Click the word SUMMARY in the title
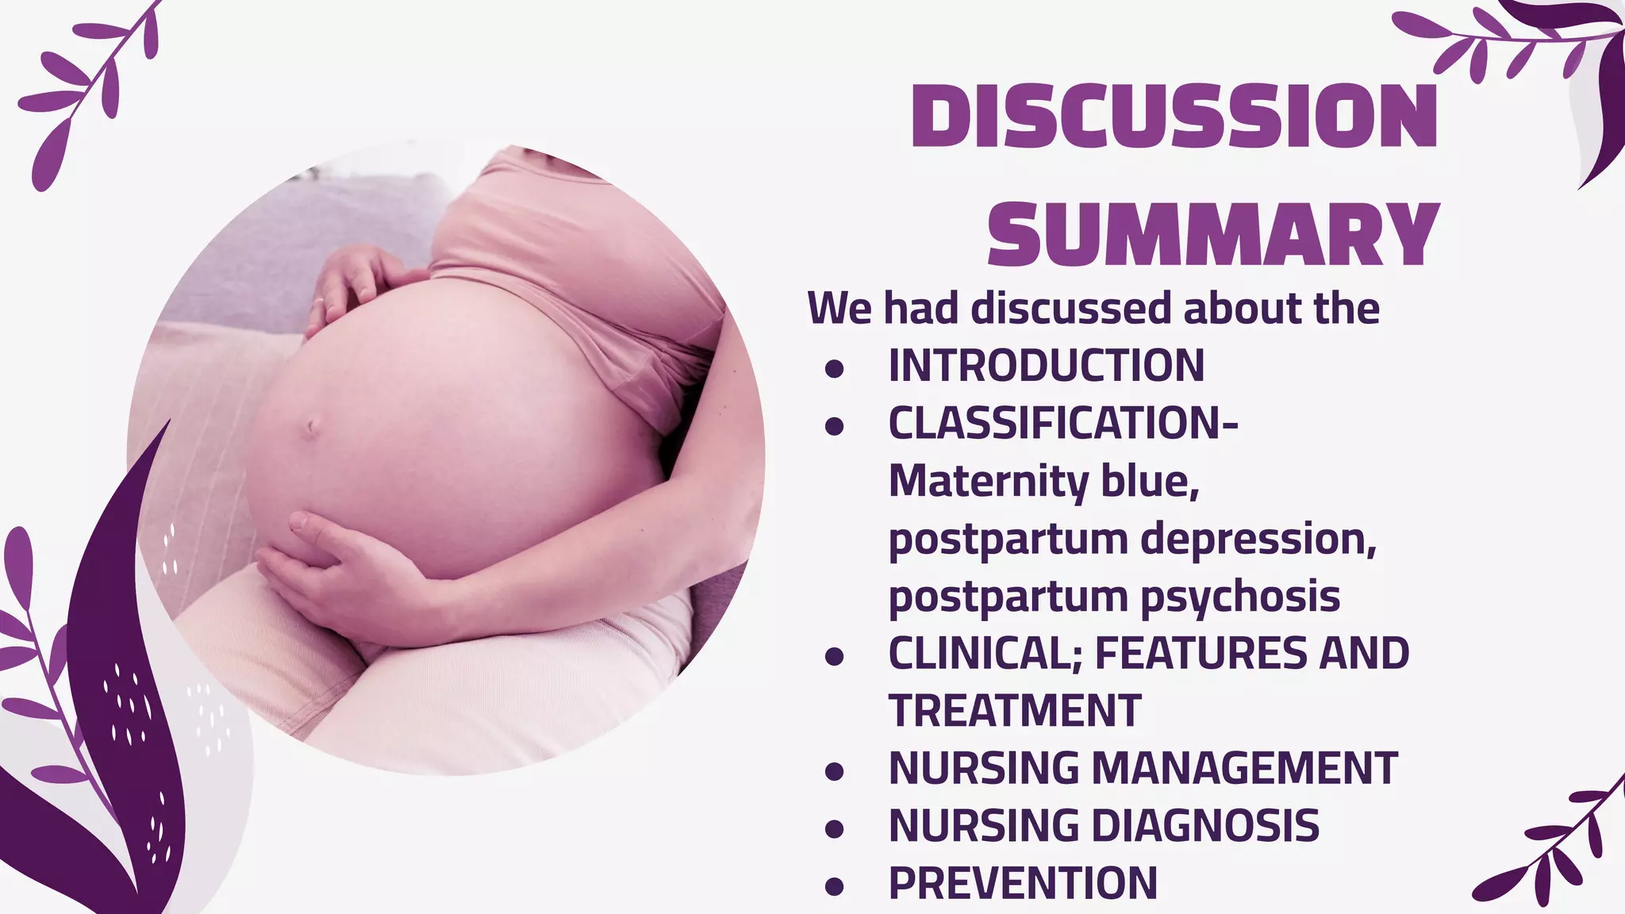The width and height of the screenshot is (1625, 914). coord(1213,235)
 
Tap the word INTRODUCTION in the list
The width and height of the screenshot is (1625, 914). coord(1046,366)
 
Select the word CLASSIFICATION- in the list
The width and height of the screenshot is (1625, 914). coord(1063,423)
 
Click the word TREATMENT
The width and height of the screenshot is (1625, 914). coord(1015,710)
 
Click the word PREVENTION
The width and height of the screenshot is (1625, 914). coord(1023,882)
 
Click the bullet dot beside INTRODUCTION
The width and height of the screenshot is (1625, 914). coord(833,368)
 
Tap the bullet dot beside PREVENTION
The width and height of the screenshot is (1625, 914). coord(833,885)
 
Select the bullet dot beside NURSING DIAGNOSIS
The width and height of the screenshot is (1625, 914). coord(833,828)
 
